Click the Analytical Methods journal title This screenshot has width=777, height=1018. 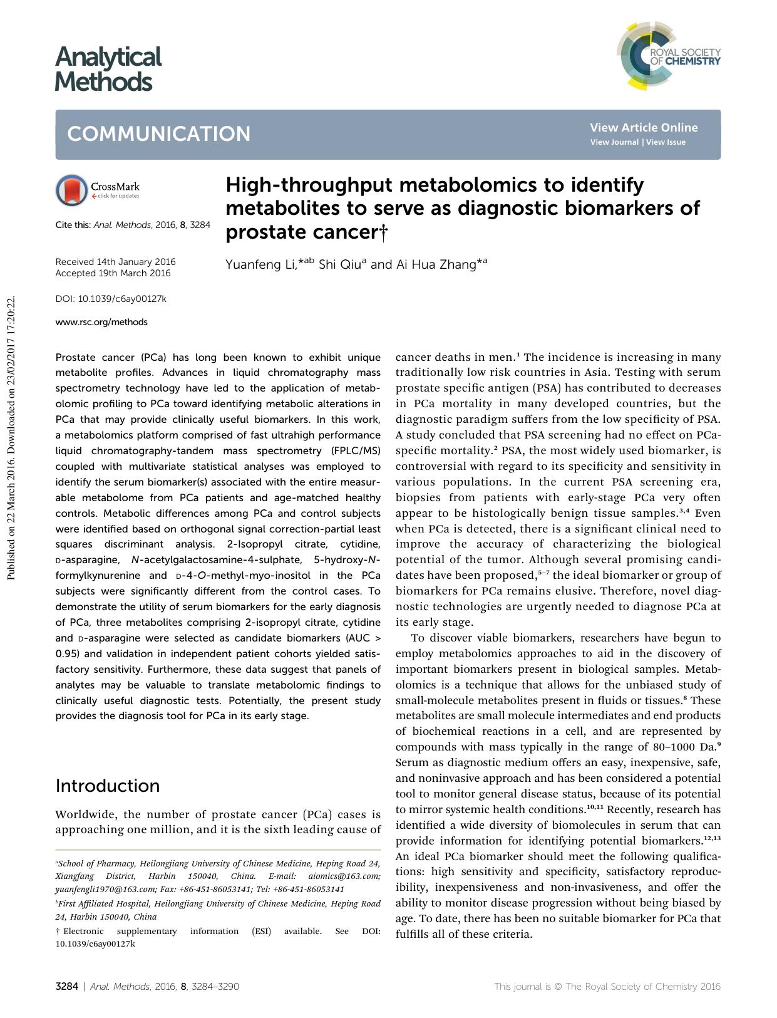(x=108, y=69)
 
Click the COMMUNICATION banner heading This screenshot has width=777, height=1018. (x=159, y=134)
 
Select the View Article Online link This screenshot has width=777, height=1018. (x=643, y=128)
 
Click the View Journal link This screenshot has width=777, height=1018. (x=614, y=142)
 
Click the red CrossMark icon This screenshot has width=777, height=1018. (x=71, y=190)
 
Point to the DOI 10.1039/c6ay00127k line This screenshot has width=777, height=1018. (x=111, y=299)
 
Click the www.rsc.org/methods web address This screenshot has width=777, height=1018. (x=101, y=322)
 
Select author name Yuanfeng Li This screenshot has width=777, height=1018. (x=260, y=265)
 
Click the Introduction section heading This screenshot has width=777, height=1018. (x=107, y=786)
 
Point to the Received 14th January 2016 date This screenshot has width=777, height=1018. (x=115, y=262)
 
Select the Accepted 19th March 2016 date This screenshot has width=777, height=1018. (x=113, y=273)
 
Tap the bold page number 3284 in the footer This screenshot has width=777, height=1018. (x=66, y=987)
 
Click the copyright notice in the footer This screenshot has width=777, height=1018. (x=607, y=987)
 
